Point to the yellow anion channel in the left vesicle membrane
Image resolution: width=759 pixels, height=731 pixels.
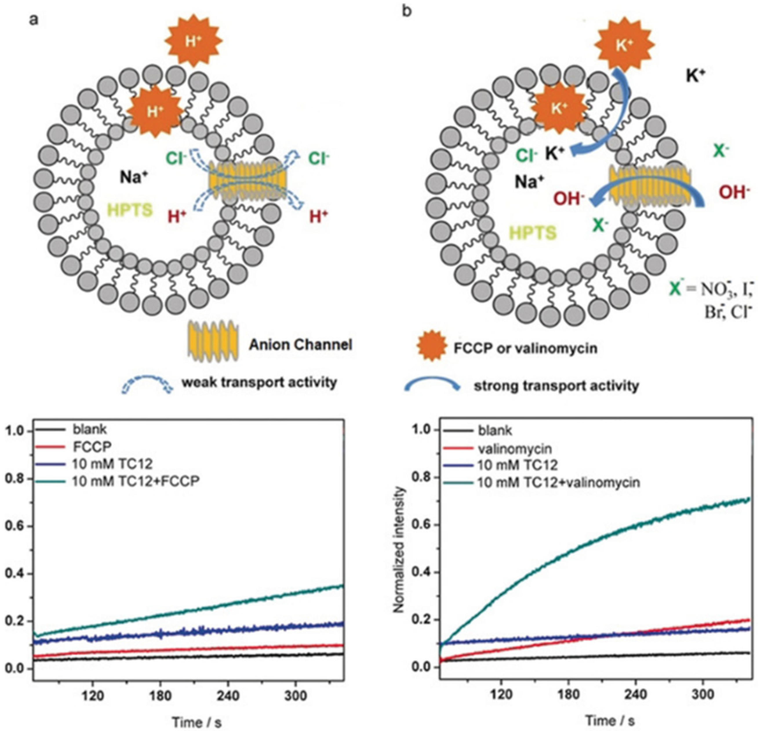point(248,181)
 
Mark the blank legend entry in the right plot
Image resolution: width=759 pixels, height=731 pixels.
point(495,431)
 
